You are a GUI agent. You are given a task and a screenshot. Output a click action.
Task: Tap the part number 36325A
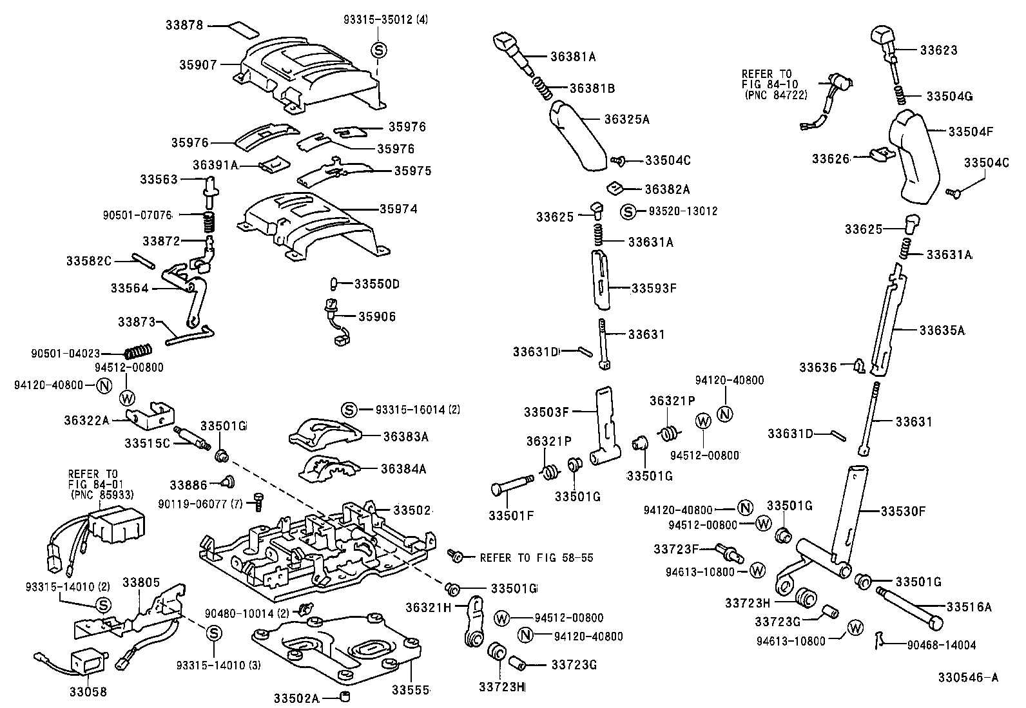click(626, 119)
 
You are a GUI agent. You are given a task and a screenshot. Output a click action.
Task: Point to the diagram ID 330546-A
click(968, 678)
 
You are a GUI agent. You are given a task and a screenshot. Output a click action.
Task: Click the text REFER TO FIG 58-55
click(536, 558)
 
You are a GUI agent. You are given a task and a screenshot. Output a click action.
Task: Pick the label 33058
click(88, 692)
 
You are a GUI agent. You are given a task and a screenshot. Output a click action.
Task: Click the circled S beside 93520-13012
click(628, 211)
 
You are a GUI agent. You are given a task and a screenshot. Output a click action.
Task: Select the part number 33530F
click(903, 512)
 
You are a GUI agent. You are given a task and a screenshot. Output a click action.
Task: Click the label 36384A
click(405, 469)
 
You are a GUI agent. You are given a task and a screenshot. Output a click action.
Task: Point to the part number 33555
click(411, 690)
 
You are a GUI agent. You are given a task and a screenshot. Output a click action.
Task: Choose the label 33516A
click(969, 607)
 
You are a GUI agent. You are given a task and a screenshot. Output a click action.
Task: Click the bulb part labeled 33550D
click(334, 283)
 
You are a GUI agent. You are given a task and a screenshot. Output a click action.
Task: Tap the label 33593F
click(653, 288)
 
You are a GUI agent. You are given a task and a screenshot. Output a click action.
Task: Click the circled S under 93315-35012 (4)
click(379, 50)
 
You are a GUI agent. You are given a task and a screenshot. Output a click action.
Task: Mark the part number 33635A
click(942, 330)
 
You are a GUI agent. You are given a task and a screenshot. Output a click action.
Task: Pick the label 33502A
click(296, 698)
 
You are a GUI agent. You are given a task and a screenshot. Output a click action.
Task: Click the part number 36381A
click(573, 57)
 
